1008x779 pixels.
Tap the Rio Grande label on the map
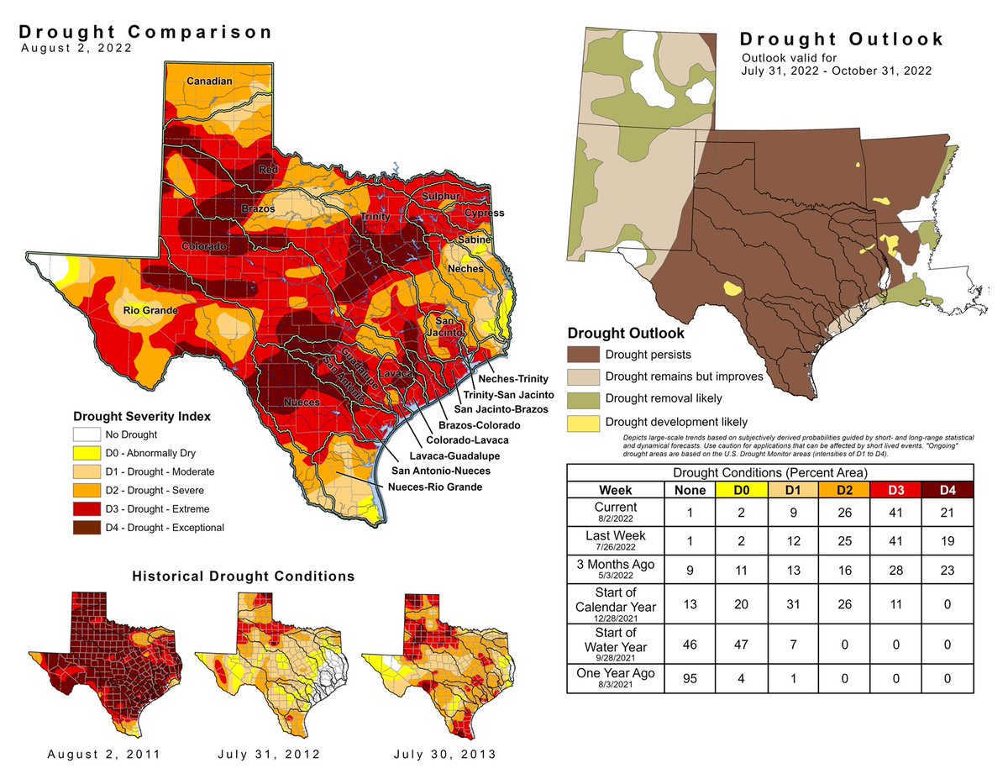tap(149, 312)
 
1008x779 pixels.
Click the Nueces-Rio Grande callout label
tap(435, 487)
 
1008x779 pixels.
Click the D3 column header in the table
tap(894, 488)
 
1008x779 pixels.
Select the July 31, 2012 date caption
tap(268, 754)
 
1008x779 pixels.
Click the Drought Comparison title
tap(146, 33)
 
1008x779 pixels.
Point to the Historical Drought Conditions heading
tap(243, 576)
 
